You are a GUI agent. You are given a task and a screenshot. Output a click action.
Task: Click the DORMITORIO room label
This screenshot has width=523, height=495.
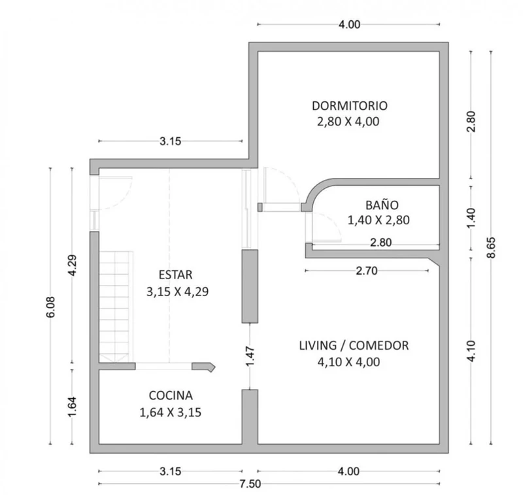[350, 106]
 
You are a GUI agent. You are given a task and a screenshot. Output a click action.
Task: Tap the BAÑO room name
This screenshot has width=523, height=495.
[382, 205]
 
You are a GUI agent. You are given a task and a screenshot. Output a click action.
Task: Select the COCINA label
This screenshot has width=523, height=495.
[171, 395]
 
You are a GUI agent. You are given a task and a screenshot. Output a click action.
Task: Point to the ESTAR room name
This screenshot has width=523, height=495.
[175, 275]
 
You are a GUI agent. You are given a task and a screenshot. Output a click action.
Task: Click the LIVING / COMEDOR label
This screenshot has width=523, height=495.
[354, 345]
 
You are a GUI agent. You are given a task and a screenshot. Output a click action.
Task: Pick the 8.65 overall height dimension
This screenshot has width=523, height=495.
[491, 247]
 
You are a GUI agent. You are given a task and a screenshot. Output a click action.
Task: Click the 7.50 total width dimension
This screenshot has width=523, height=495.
[250, 484]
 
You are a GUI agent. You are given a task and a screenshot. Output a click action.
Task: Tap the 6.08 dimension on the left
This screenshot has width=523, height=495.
[50, 307]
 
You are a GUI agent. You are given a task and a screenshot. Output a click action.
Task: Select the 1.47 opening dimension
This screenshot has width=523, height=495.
[250, 356]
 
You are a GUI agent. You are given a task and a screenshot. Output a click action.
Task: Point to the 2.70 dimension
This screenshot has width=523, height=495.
[367, 271]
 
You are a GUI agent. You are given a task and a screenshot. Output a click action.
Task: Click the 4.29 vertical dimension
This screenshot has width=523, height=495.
[72, 265]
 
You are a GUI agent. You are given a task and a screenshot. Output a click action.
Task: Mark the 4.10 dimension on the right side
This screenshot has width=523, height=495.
[471, 351]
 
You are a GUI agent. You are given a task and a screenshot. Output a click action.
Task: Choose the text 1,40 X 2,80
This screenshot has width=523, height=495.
[379, 220]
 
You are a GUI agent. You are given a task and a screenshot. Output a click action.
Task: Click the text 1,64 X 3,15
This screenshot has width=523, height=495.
[171, 413]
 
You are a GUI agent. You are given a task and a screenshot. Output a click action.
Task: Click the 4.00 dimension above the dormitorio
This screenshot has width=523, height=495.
[349, 24]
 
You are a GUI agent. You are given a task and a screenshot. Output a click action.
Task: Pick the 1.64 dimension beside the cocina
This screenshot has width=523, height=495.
[72, 406]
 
